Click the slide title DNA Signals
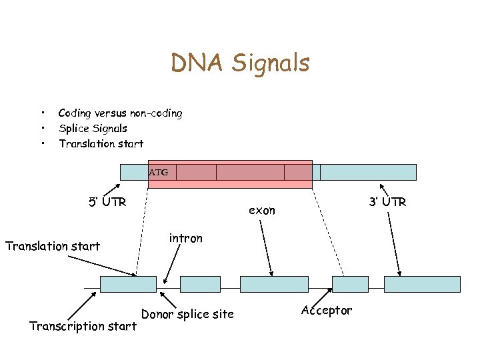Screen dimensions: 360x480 click(x=240, y=63)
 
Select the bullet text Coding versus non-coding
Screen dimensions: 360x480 click(x=120, y=113)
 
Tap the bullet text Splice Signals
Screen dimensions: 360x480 click(x=93, y=128)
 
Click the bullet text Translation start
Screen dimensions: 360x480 click(x=101, y=143)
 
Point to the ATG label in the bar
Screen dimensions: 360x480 click(x=158, y=173)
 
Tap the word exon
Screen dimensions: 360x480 click(x=262, y=211)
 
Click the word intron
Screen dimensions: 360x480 click(x=185, y=238)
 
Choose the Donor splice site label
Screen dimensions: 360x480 click(x=187, y=314)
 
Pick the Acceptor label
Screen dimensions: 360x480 click(x=326, y=311)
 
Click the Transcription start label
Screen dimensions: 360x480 click(x=83, y=326)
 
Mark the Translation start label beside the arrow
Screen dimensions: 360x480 click(x=53, y=246)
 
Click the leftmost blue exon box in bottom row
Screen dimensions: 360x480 click(x=128, y=284)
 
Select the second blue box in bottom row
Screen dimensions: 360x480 click(x=200, y=284)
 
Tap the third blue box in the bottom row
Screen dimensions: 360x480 click(x=274, y=284)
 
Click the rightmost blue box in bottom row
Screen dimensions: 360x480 click(x=422, y=284)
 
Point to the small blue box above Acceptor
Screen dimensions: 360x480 click(x=350, y=284)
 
